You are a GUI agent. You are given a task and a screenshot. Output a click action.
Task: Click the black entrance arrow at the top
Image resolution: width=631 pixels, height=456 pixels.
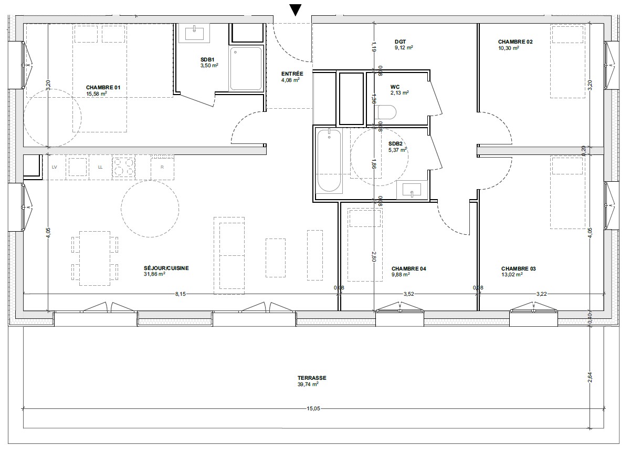[296, 10]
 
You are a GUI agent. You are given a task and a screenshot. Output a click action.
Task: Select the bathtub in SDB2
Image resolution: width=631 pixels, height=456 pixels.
[329, 161]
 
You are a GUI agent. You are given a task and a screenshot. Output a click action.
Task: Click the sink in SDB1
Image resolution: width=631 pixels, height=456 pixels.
[194, 33]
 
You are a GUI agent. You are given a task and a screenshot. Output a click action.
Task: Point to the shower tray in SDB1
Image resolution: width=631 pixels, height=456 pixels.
[246, 68]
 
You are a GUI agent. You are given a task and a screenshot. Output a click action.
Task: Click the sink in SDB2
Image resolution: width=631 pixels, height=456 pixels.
[412, 190]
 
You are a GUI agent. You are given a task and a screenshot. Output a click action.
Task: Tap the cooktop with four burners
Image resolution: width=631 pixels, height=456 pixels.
[123, 167]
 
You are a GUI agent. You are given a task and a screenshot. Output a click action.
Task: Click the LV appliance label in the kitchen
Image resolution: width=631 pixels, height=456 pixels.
[55, 167]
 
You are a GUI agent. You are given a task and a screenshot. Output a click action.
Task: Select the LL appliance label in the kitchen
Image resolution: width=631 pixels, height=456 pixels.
[100, 167]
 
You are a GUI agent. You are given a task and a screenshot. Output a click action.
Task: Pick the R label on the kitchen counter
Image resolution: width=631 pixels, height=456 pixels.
[162, 167]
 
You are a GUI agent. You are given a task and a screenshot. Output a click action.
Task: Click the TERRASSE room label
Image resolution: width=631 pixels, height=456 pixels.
[312, 378]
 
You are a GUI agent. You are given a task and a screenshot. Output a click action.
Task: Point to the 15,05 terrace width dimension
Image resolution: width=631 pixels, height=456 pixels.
[313, 408]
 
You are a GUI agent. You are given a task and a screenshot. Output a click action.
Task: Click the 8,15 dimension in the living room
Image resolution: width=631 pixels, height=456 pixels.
[180, 294]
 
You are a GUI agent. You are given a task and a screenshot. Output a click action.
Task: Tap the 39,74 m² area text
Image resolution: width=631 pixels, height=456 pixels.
[308, 385]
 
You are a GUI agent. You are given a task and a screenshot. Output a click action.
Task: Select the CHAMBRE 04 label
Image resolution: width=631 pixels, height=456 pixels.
[409, 268]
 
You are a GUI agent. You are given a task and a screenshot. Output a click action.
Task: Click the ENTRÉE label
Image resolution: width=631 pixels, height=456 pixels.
[292, 74]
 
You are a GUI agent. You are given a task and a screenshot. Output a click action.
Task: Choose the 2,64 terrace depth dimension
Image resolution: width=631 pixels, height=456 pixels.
[590, 377]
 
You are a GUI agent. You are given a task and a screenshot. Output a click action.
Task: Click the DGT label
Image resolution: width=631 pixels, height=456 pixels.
[401, 42]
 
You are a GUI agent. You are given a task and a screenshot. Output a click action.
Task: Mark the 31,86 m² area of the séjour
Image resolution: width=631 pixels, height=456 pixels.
[154, 274]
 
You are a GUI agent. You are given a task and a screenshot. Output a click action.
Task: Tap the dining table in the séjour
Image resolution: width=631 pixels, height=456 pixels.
[94, 258]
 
